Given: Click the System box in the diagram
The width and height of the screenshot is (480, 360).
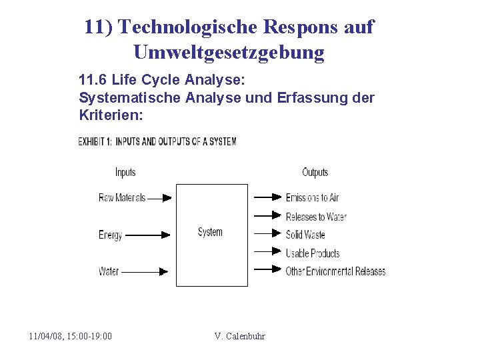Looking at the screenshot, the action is pyautogui.click(x=211, y=235).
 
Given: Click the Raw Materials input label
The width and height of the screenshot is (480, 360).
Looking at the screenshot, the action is pyautogui.click(x=122, y=197).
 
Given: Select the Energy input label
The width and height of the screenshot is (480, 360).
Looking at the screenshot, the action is pyautogui.click(x=111, y=235).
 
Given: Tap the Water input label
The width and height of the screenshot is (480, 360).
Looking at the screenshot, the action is pyautogui.click(x=109, y=271).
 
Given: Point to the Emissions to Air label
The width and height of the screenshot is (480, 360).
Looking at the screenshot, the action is pyautogui.click(x=312, y=197).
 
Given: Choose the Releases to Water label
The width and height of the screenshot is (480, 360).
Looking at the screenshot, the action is pyautogui.click(x=316, y=216).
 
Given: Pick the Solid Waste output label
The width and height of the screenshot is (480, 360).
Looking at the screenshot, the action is pyautogui.click(x=305, y=235).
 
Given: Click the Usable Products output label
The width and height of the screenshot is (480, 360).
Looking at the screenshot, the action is pyautogui.click(x=313, y=253).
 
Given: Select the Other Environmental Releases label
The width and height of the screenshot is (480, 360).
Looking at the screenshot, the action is pyautogui.click(x=335, y=271).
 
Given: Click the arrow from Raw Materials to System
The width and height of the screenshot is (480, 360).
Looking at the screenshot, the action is pyautogui.click(x=159, y=197).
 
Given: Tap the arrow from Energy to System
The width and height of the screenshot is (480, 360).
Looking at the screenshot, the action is pyautogui.click(x=147, y=235).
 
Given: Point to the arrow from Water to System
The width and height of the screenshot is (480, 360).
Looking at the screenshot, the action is pyautogui.click(x=146, y=271).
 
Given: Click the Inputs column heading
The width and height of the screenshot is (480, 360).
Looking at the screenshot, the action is pyautogui.click(x=125, y=172).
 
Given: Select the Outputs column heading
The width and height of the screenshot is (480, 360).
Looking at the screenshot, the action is pyautogui.click(x=315, y=172).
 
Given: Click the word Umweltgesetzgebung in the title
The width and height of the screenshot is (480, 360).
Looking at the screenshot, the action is pyautogui.click(x=229, y=51).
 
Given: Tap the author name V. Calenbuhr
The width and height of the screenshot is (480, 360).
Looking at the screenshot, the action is pyautogui.click(x=239, y=336).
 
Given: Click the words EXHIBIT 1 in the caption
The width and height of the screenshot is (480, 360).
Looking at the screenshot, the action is pyautogui.click(x=95, y=141).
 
